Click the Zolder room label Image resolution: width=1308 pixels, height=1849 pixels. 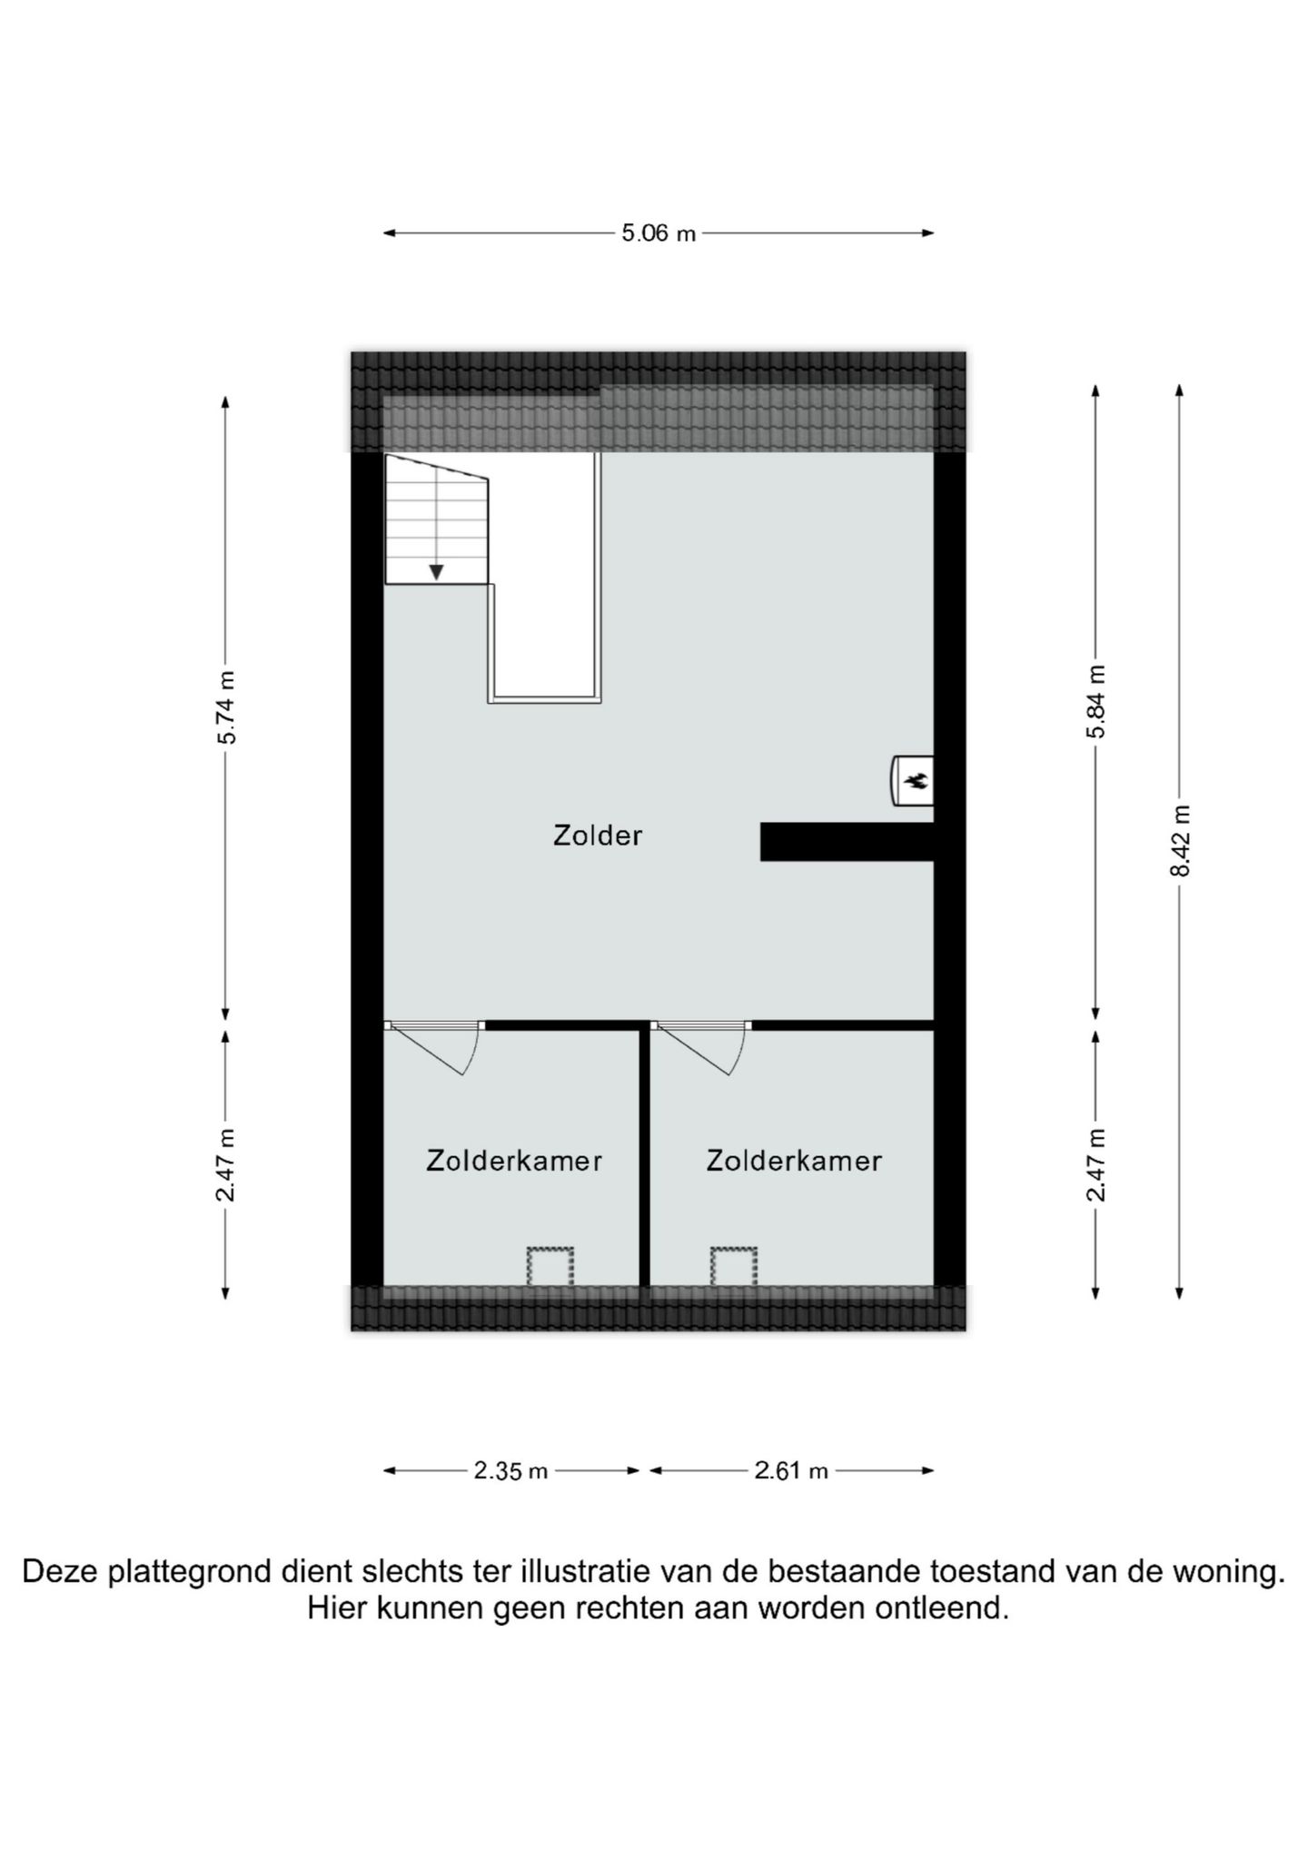coord(597,836)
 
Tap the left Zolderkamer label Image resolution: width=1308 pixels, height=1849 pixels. coord(514,1161)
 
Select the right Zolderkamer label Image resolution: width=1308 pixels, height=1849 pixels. coord(794,1161)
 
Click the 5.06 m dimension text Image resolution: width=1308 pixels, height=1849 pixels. coord(659,233)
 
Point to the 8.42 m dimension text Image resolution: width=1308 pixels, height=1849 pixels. coord(1179,840)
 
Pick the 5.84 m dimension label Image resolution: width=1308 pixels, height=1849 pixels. coord(1096,702)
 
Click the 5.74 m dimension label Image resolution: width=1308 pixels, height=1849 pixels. coord(226,707)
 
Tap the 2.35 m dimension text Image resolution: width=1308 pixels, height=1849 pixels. coord(510,1470)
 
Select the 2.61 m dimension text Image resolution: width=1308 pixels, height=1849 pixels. coord(791,1470)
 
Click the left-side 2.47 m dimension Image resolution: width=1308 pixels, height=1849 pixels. coord(226,1164)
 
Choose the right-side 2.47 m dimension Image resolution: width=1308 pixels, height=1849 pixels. coord(1096,1164)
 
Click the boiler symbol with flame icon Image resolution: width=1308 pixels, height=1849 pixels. coord(912,780)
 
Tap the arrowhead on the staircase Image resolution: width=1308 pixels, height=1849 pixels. coord(437,572)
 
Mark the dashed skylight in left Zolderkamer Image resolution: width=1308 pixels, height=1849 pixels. coord(550,1266)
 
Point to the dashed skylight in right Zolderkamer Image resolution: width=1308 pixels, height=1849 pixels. coord(733,1266)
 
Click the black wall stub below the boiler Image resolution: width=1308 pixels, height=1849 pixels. coord(847,842)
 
